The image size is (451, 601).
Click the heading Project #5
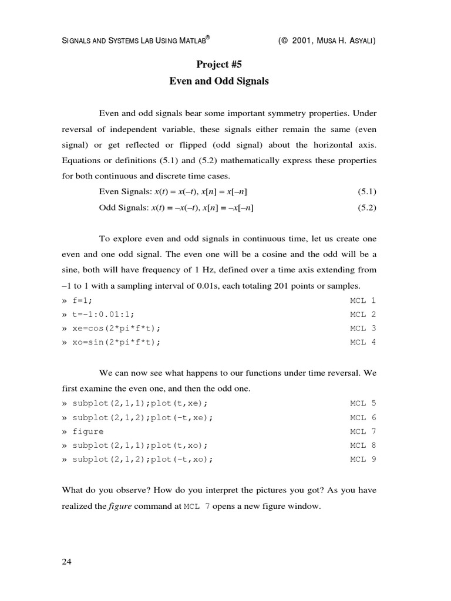click(x=218, y=65)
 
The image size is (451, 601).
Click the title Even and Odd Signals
click(x=218, y=81)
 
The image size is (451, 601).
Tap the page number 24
click(x=66, y=562)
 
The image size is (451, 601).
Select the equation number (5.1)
click(x=366, y=192)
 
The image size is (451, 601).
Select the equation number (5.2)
click(x=366, y=208)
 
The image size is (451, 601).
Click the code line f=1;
click(x=82, y=300)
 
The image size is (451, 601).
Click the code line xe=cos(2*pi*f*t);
click(x=116, y=328)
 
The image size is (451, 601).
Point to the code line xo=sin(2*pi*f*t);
click(x=116, y=342)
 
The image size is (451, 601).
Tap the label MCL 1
click(x=363, y=300)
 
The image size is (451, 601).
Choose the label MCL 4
click(x=363, y=342)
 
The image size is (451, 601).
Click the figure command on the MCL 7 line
click(x=87, y=431)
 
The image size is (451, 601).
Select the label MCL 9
click(x=363, y=459)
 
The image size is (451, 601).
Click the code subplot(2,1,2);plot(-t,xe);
click(x=142, y=417)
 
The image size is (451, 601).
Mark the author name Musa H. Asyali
click(x=346, y=40)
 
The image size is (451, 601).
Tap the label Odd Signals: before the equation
click(x=124, y=208)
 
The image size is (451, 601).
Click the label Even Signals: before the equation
click(x=125, y=192)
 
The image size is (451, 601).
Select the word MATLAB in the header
click(x=192, y=40)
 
